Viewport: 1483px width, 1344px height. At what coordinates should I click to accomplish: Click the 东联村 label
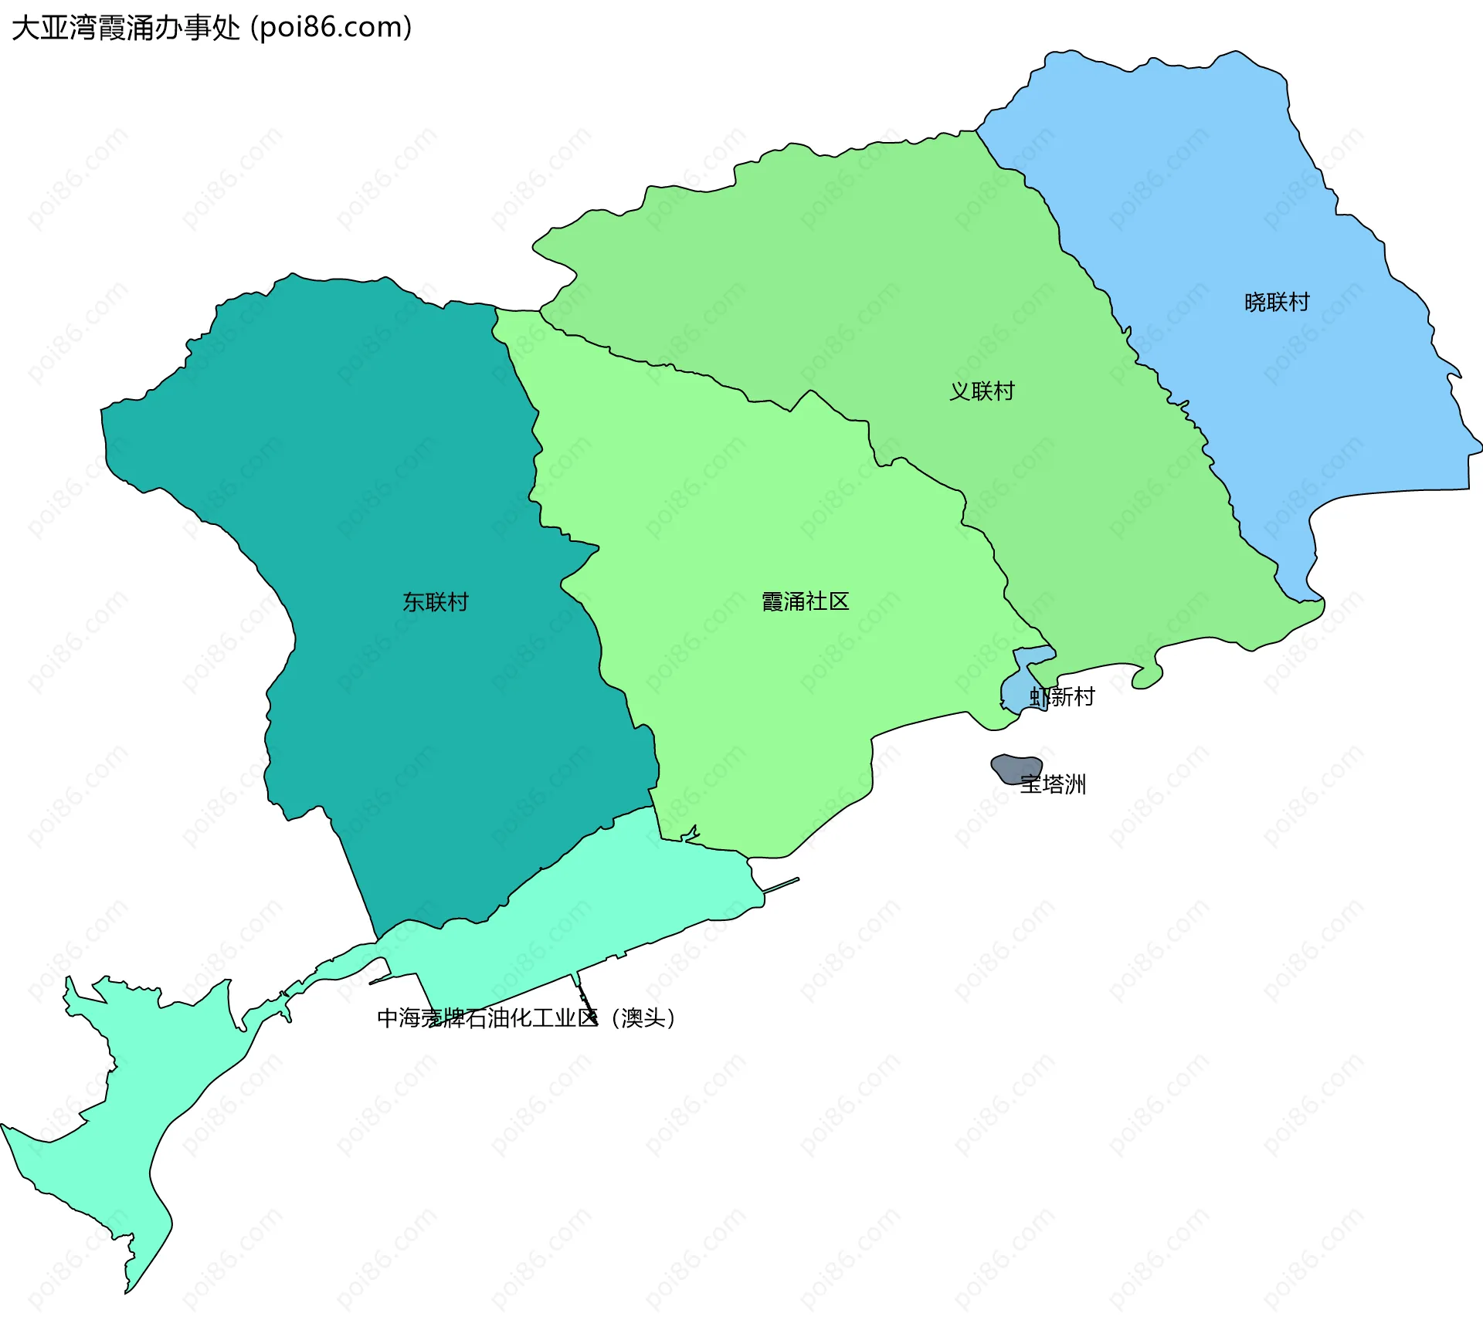click(435, 602)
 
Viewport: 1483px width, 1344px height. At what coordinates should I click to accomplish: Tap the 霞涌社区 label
click(805, 601)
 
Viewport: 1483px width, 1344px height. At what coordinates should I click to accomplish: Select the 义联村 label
click(981, 391)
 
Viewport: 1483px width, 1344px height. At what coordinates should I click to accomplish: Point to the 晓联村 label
click(1277, 302)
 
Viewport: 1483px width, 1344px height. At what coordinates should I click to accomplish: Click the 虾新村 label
click(1062, 697)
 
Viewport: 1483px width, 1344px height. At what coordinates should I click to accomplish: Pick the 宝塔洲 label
click(1053, 785)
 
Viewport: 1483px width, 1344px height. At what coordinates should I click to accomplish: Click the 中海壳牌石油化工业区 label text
click(487, 1018)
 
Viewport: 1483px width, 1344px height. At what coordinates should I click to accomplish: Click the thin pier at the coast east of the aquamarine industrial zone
click(781, 885)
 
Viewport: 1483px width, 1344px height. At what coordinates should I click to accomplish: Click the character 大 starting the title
click(25, 28)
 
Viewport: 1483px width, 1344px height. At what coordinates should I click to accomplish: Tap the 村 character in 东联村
click(457, 602)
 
